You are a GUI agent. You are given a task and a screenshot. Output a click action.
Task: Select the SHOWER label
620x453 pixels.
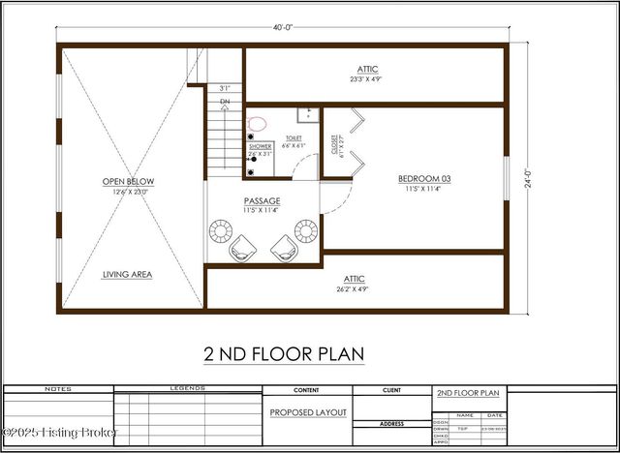(x=260, y=146)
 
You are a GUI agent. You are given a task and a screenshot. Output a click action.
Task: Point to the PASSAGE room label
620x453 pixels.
(x=262, y=201)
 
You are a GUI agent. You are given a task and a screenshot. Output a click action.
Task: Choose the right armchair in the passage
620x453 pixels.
(x=284, y=248)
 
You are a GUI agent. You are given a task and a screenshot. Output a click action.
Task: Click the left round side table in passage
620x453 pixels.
(x=220, y=231)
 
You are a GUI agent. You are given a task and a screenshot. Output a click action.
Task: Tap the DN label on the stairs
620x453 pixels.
(x=225, y=102)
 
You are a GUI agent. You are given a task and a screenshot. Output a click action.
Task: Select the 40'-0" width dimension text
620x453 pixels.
(x=283, y=27)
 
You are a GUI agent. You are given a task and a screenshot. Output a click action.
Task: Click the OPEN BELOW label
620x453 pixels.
(x=128, y=181)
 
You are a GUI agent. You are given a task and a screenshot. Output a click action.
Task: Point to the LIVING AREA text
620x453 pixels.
(x=128, y=274)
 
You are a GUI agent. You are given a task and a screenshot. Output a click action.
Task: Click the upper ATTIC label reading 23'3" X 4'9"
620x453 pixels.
(x=368, y=70)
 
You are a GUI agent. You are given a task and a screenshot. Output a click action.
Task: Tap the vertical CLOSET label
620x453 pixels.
(x=335, y=145)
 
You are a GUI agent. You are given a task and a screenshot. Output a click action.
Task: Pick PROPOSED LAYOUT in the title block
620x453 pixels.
(x=307, y=412)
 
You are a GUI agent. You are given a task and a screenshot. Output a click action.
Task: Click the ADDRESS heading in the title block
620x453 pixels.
(x=391, y=424)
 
